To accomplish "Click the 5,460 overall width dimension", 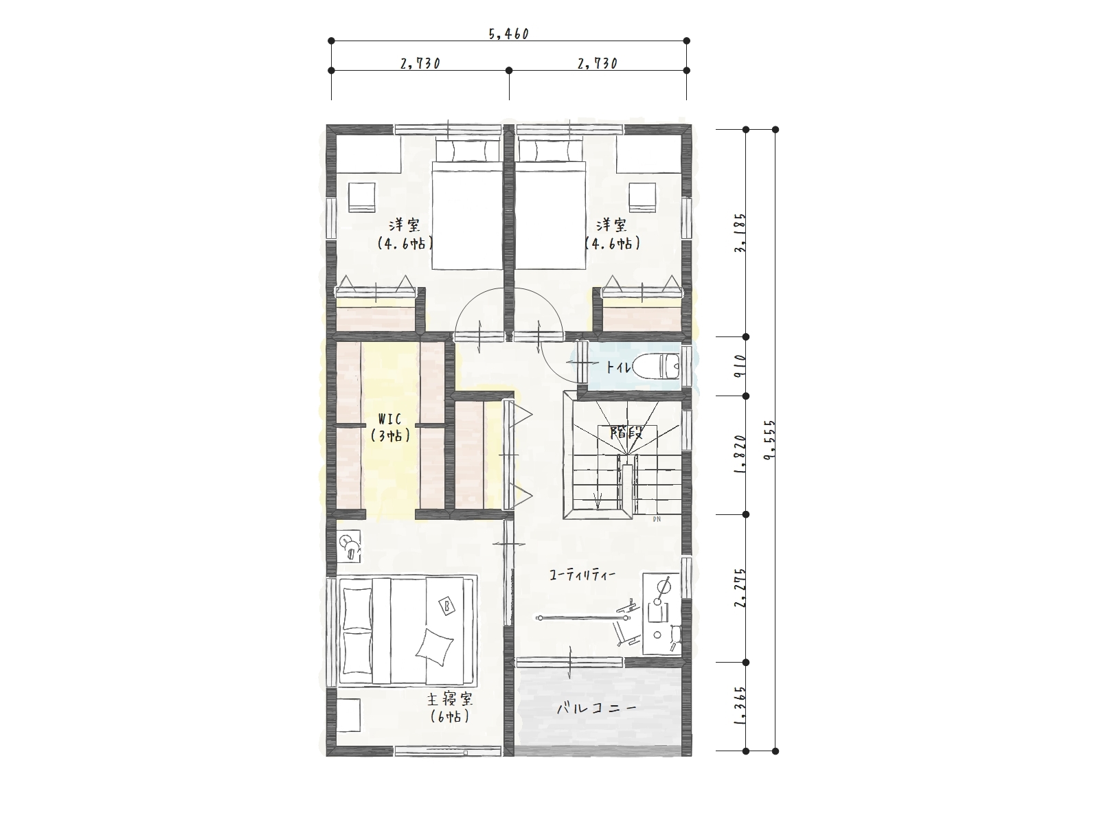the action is click(x=509, y=34).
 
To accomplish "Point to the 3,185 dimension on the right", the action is click(x=740, y=233).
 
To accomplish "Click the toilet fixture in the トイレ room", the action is click(x=657, y=366).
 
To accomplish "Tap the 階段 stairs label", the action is click(x=626, y=433).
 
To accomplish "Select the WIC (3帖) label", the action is click(x=391, y=426).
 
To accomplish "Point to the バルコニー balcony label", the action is click(x=597, y=708).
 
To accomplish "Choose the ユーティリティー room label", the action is click(x=582, y=575).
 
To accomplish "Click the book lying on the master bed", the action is click(x=446, y=606).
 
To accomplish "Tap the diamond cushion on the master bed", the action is click(x=435, y=648).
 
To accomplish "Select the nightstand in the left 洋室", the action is click(x=362, y=197).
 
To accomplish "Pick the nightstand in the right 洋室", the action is click(x=642, y=197).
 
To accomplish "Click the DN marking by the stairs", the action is click(x=657, y=519).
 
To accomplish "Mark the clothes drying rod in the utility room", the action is click(x=583, y=619).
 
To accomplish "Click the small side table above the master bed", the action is click(x=348, y=547).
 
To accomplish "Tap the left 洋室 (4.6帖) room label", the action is click(x=405, y=233).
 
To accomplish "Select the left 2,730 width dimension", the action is click(x=420, y=64).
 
